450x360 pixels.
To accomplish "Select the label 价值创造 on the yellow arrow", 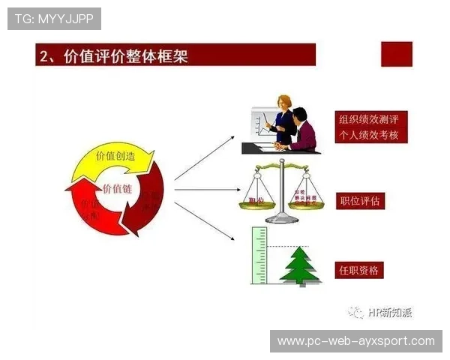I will (x=115, y=156).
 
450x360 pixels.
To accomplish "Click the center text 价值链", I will (x=116, y=188).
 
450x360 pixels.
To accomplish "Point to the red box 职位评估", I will (x=360, y=201).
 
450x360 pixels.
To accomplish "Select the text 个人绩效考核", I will (x=368, y=135).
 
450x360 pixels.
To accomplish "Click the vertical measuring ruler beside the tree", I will (x=259, y=256).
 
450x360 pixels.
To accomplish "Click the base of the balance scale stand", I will (x=281, y=219).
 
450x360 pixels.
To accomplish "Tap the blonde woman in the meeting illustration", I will (x=283, y=116).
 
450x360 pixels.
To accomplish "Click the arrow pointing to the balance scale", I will (x=206, y=190).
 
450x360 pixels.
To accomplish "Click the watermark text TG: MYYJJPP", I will (x=54, y=18).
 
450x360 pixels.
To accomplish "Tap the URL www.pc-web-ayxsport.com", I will (x=355, y=341).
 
